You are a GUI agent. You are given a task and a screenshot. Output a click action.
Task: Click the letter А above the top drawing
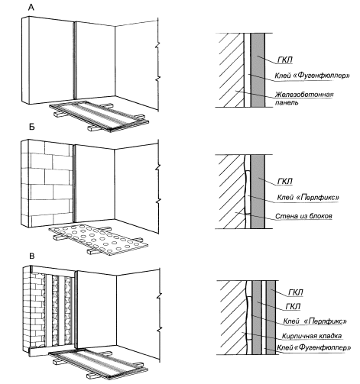[x=31, y=8]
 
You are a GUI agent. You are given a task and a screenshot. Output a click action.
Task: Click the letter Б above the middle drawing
[x=31, y=127]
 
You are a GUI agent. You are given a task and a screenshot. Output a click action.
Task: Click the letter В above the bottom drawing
[x=32, y=256]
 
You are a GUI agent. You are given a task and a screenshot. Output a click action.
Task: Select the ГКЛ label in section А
[x=285, y=60]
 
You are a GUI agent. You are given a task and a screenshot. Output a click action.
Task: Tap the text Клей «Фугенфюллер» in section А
[x=312, y=76]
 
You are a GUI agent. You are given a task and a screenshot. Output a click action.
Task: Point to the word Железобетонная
[x=304, y=95]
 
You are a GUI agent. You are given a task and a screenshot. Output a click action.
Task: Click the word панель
[x=287, y=102]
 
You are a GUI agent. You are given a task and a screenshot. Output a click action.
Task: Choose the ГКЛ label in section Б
[x=285, y=182]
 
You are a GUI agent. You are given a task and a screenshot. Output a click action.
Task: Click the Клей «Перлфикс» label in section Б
[x=308, y=197]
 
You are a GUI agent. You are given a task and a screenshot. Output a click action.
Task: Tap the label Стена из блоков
[x=303, y=216]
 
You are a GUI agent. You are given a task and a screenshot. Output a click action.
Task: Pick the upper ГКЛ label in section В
[x=296, y=292]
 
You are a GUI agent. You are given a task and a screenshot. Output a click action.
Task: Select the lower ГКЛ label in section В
[x=293, y=306]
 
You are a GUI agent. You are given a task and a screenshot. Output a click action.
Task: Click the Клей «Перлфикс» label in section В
[x=315, y=321]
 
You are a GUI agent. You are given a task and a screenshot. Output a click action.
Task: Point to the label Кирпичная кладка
[x=312, y=336]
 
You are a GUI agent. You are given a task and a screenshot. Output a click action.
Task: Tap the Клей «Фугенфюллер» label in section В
[x=314, y=347]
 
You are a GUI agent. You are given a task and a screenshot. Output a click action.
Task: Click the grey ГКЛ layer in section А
[x=258, y=70]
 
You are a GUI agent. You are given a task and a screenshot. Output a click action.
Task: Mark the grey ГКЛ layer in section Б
[x=258, y=192]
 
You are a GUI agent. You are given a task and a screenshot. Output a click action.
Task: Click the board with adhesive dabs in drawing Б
[x=98, y=240]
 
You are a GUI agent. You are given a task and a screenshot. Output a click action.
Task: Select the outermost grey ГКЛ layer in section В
[x=271, y=318]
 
